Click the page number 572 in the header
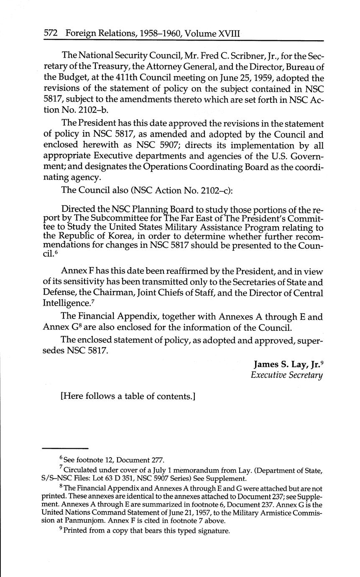click(x=51, y=33)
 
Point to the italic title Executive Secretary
click(x=287, y=375)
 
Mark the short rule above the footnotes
click(x=66, y=448)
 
